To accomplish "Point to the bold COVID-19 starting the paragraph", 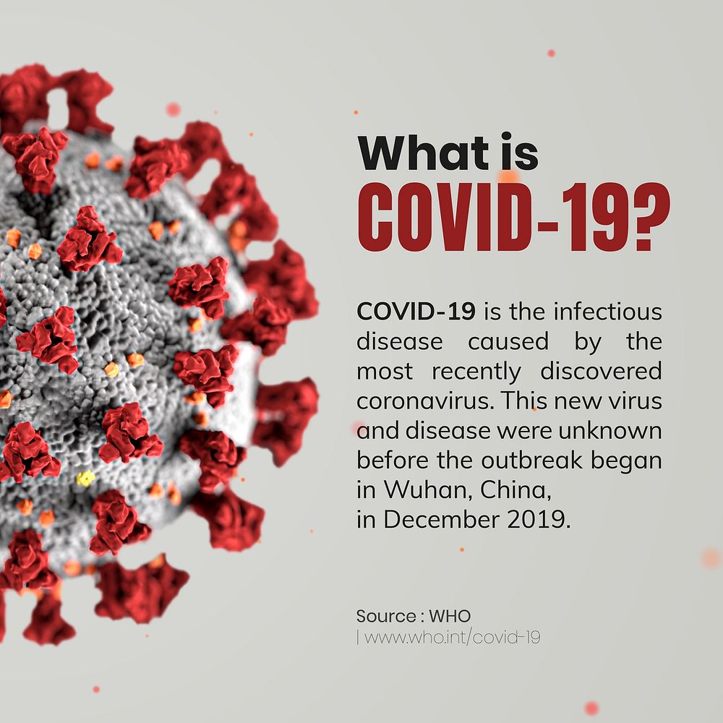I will [x=416, y=312].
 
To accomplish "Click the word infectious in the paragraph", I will [x=607, y=312].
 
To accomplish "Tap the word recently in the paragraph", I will [x=476, y=372].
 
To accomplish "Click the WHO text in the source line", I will [x=450, y=617].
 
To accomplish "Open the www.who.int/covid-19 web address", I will [x=453, y=638].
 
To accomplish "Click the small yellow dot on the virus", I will [x=86, y=478].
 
